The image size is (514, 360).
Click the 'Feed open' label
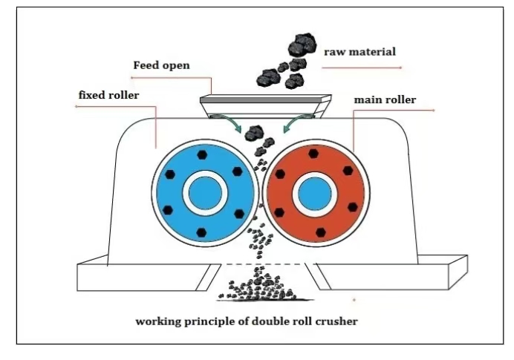click(161, 65)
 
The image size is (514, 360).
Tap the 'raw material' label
click(360, 52)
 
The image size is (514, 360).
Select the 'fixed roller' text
click(108, 95)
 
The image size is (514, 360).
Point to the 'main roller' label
click(385, 99)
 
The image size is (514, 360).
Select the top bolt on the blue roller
click(203, 155)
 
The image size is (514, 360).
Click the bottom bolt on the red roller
click(320, 232)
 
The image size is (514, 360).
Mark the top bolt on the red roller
click(313, 154)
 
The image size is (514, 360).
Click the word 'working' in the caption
click(156, 322)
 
